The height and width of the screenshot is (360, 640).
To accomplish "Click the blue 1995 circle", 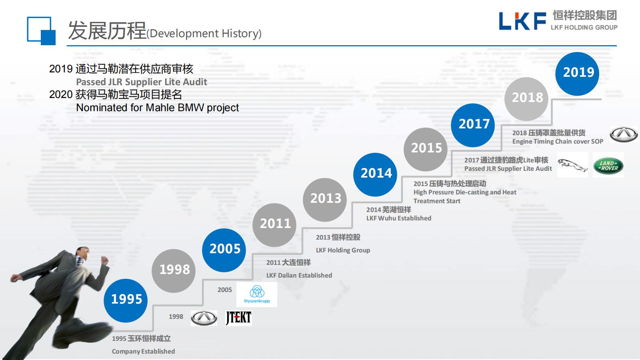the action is tap(126, 300).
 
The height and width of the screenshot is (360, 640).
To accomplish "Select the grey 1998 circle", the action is tap(174, 270).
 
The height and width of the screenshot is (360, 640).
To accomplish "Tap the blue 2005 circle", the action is tap(224, 250).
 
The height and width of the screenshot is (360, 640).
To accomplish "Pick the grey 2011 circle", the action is tap(274, 225).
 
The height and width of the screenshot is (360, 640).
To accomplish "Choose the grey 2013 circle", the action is tap(325, 200).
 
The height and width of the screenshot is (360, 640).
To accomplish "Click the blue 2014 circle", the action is tap(375, 174).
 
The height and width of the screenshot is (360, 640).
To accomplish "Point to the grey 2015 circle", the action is tap(426, 150).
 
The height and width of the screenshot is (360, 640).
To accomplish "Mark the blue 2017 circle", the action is tap(473, 125).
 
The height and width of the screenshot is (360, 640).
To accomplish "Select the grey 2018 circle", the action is tap(526, 99).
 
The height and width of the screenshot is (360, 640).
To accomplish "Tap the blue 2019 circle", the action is tap(578, 74).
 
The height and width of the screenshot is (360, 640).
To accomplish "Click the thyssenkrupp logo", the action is tap(257, 294).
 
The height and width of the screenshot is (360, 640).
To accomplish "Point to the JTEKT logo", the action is tap(238, 318).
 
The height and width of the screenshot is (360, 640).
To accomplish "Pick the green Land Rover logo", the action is tap(608, 166).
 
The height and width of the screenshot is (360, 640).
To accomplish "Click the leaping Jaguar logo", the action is tap(572, 165).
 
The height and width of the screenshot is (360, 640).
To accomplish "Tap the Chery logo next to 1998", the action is tap(204, 318).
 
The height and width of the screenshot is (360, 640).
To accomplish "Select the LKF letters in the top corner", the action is tap(522, 21).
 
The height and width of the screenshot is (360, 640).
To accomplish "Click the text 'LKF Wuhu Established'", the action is tap(399, 218).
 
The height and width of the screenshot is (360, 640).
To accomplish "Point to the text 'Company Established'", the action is tap(144, 352).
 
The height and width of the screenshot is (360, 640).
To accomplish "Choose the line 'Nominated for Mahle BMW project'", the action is tap(158, 108).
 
